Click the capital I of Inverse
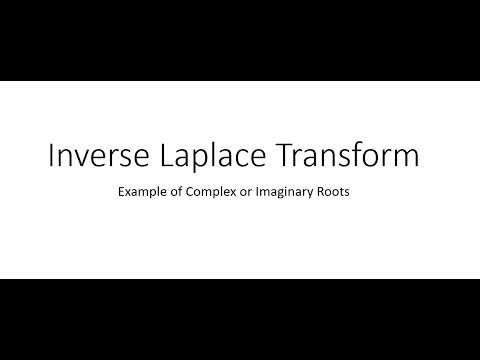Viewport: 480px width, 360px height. (x=51, y=158)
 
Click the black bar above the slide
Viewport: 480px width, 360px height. (x=240, y=40)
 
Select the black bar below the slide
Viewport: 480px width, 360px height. (x=240, y=320)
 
